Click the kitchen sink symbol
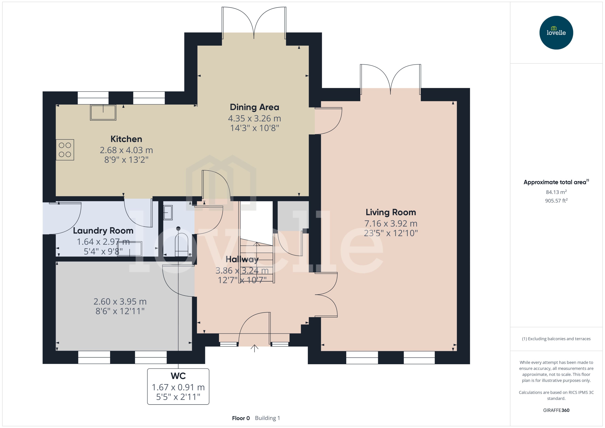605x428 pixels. [x=103, y=112]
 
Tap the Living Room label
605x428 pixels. [x=391, y=212]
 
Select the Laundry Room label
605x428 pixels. [x=103, y=231]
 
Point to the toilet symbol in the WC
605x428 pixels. [x=181, y=244]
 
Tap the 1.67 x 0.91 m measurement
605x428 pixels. [x=178, y=387]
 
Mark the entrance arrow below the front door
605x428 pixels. [x=254, y=348]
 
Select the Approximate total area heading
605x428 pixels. [x=555, y=182]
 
